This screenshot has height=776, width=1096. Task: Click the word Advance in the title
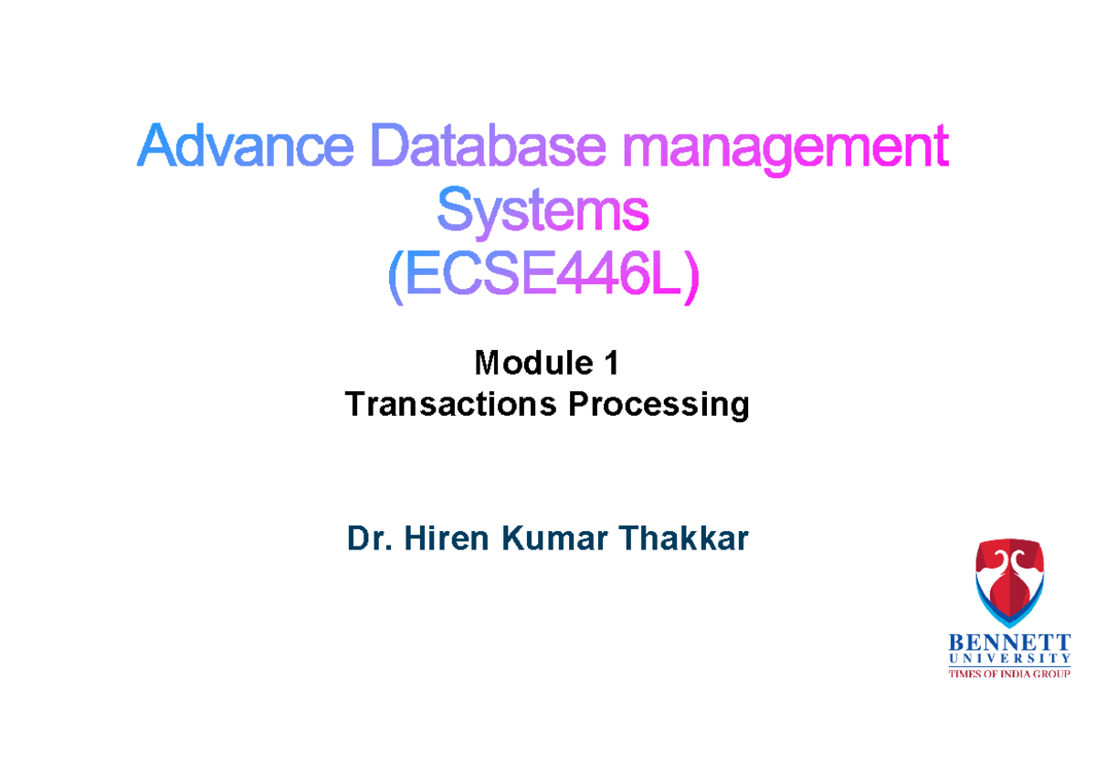pyautogui.click(x=244, y=148)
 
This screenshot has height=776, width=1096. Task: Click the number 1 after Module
pyautogui.click(x=611, y=364)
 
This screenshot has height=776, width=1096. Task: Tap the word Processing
pyautogui.click(x=659, y=404)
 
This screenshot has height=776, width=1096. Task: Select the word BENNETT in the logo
pyautogui.click(x=1009, y=643)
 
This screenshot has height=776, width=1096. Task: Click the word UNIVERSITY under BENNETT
pyautogui.click(x=1009, y=658)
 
